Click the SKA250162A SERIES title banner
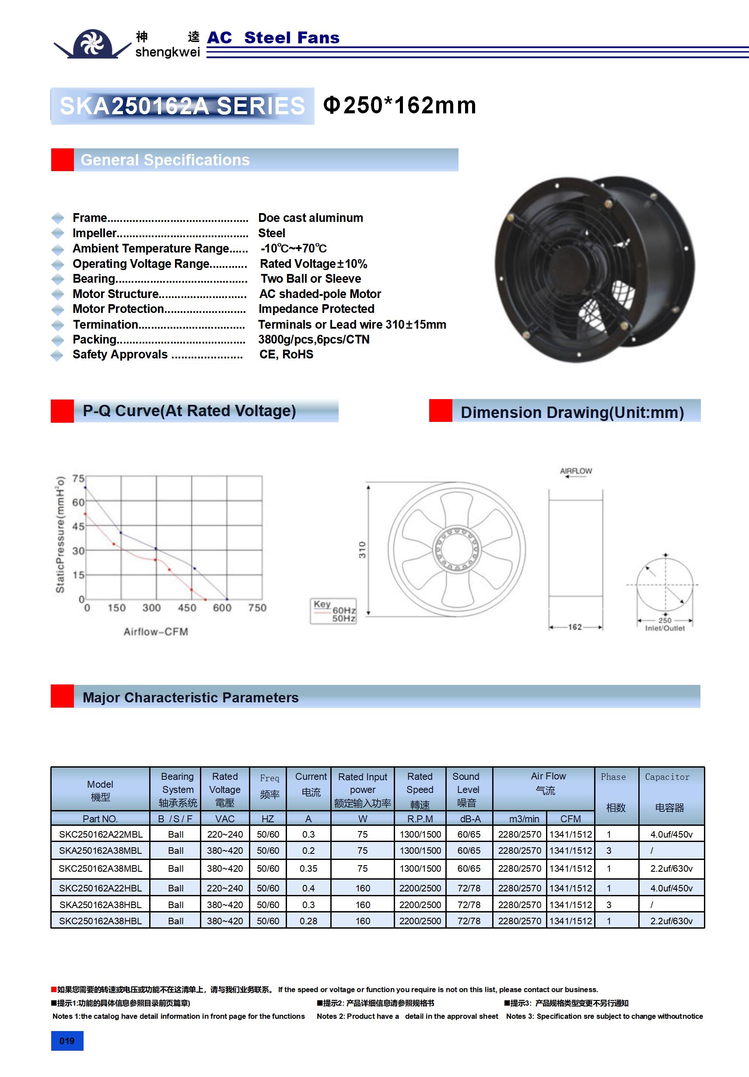[182, 106]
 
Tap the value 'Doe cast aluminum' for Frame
[311, 218]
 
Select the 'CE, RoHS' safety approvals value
[286, 354]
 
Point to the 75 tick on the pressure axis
[78, 478]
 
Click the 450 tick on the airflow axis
[187, 608]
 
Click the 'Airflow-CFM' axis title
[156, 632]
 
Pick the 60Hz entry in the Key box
[344, 610]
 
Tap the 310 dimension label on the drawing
[362, 550]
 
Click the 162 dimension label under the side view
[575, 627]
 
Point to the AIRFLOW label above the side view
[576, 471]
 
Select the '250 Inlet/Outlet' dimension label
[665, 624]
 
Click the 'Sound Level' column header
[468, 789]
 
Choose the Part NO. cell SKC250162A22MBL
[100, 835]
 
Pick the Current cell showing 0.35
[308, 869]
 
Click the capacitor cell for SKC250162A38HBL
[671, 921]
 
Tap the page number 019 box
[67, 1041]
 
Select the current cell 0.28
[308, 921]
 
